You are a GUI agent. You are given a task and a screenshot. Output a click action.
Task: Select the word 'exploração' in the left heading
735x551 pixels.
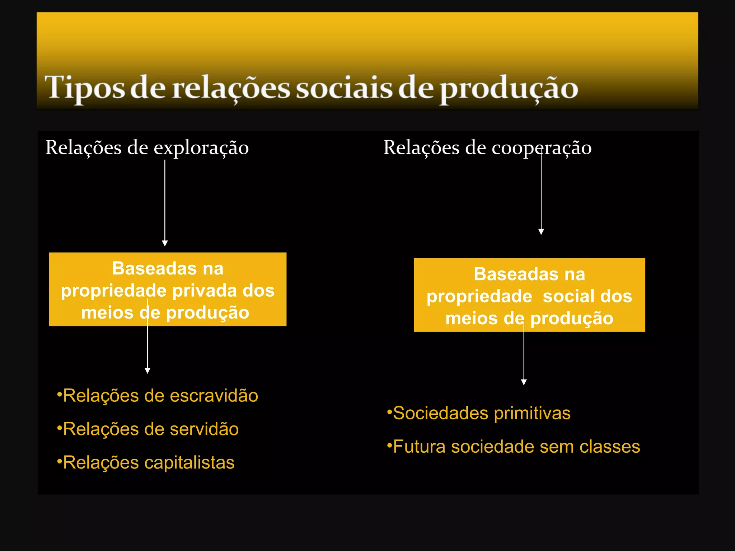point(201,148)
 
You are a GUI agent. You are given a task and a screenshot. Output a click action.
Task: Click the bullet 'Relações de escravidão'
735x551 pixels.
point(158,396)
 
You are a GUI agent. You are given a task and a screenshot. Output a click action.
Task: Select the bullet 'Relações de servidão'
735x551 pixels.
point(148,429)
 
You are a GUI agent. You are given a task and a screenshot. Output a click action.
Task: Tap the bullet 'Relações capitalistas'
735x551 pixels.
point(146,462)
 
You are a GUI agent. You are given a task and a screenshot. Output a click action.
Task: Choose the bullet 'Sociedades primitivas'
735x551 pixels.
point(479,413)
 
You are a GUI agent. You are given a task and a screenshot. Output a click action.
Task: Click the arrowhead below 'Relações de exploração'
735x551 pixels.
point(165,243)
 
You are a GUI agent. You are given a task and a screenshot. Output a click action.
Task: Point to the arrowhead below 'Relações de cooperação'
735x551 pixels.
point(541,232)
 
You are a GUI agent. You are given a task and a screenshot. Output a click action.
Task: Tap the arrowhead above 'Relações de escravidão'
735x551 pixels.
point(147,371)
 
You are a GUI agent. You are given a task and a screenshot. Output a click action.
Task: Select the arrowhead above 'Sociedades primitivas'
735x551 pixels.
point(524,382)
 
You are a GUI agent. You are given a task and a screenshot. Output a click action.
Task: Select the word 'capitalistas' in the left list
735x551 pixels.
point(189,462)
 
